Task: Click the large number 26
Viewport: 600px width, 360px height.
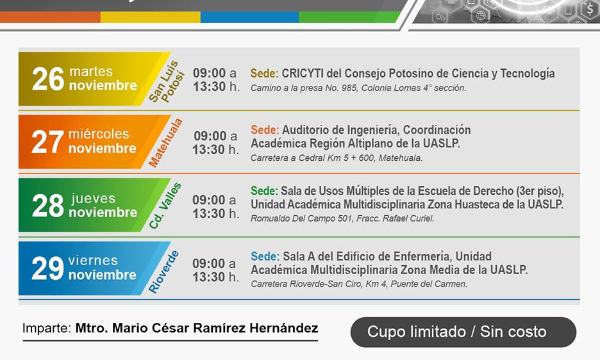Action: point(48,79)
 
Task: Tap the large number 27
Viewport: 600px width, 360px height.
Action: point(47,142)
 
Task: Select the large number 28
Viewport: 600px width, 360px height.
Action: point(48,206)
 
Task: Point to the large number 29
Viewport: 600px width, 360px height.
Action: point(47,268)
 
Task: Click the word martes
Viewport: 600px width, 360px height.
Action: point(91,71)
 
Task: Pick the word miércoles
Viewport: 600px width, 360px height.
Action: point(99,134)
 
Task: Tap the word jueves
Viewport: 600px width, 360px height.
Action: point(94,198)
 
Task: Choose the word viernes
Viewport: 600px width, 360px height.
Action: point(93,261)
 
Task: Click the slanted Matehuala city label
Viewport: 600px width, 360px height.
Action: point(165,143)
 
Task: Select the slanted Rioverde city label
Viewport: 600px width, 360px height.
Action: point(163,272)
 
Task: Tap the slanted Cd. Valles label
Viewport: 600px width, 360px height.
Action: point(165,206)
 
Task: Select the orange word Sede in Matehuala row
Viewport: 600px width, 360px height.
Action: point(265,130)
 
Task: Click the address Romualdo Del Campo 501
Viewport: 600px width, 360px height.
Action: point(302,219)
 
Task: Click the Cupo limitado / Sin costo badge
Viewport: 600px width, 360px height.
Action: point(463,332)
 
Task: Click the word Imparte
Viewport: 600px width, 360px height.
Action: point(47,328)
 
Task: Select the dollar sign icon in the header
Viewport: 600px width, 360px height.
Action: point(590,9)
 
